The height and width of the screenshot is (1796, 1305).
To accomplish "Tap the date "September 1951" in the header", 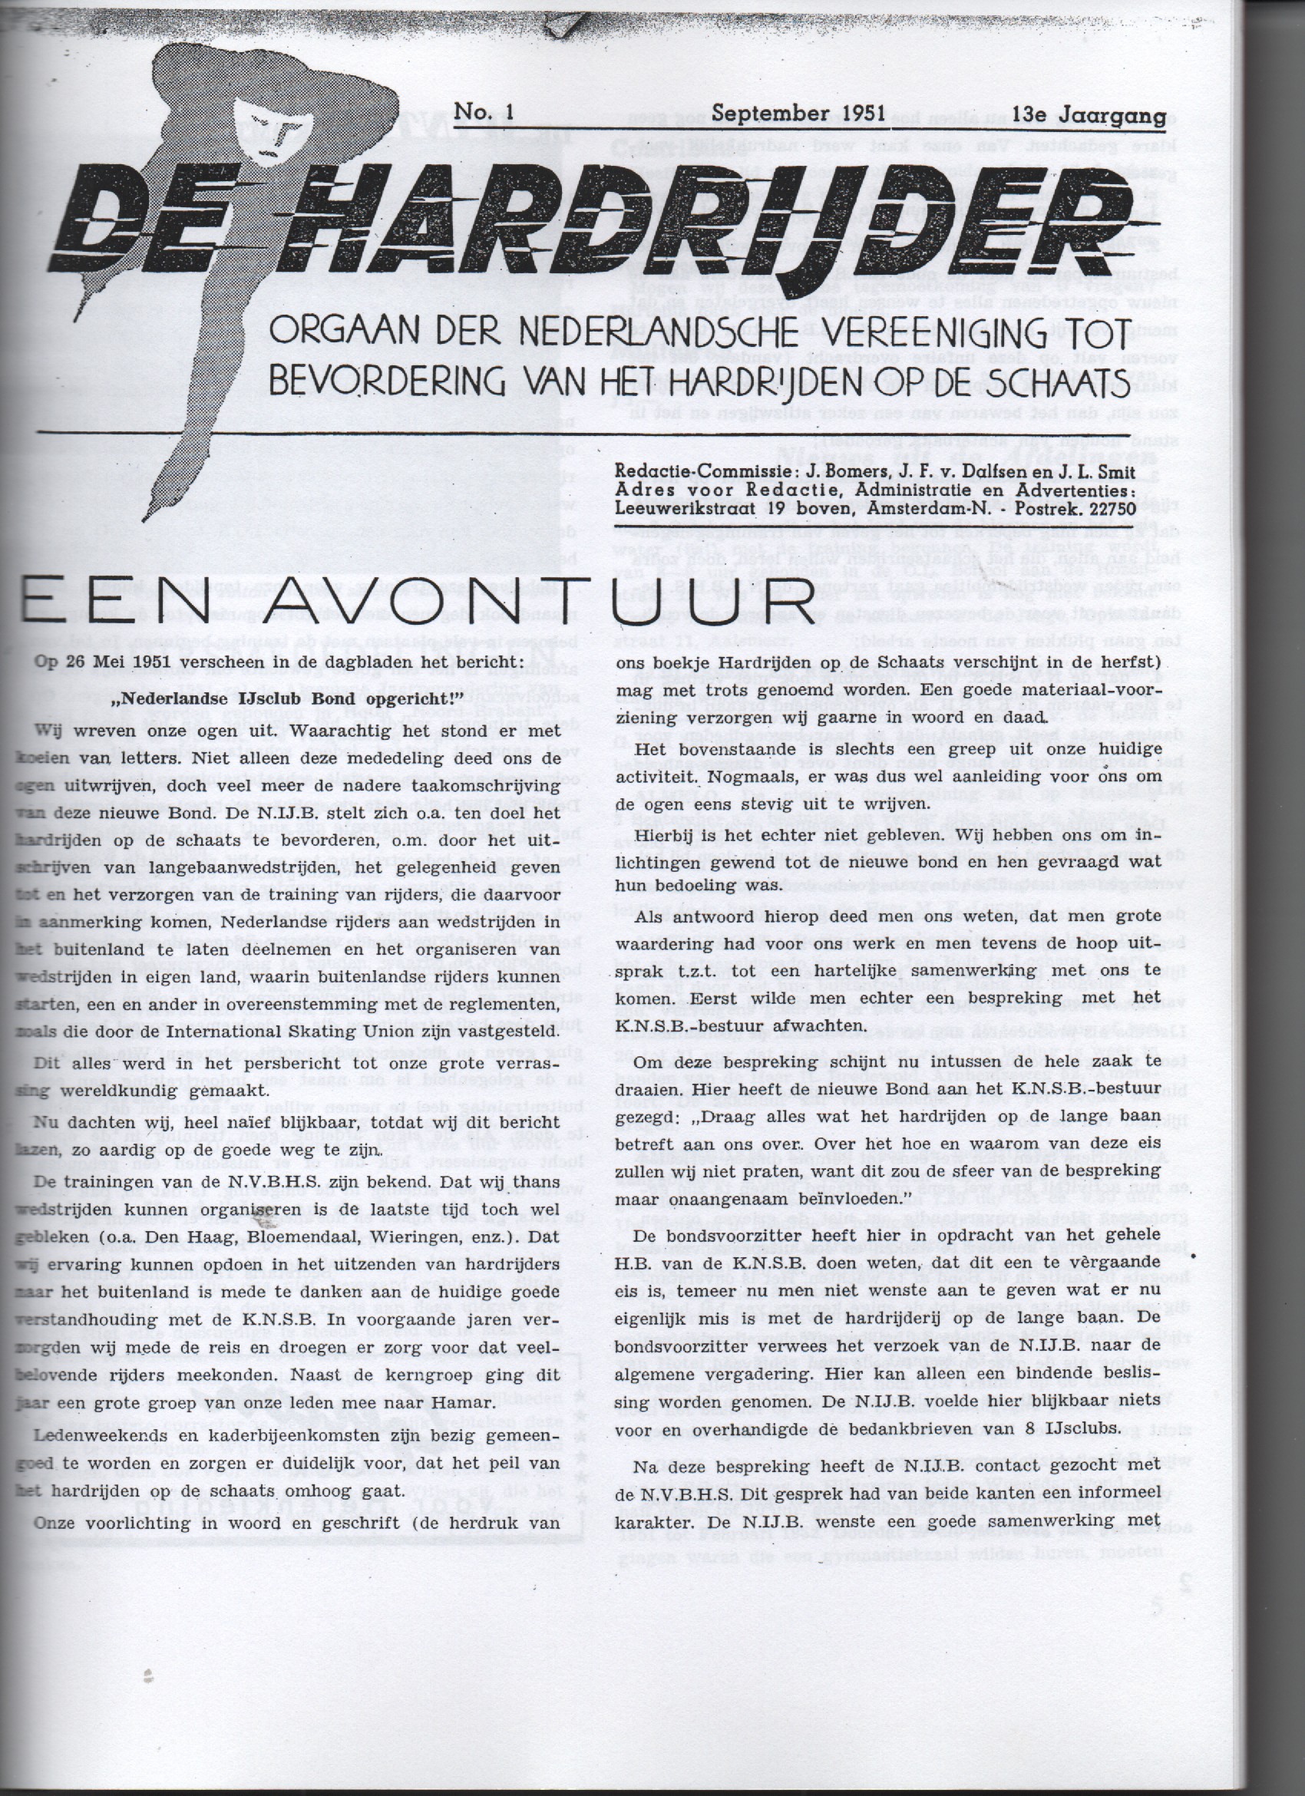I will click(x=798, y=113).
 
